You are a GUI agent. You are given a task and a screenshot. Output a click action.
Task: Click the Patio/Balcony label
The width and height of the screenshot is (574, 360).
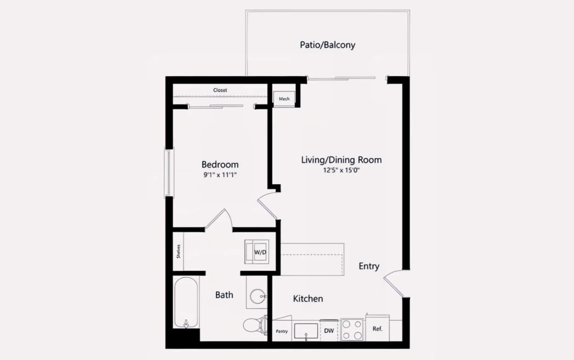coord(328,45)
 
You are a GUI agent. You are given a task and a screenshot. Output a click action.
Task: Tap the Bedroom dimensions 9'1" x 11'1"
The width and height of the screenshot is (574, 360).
coord(220,175)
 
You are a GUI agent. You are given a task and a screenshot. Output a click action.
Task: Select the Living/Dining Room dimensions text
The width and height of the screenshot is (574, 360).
coord(342,170)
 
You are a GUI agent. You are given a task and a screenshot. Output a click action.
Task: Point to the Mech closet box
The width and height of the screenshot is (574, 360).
coord(284,99)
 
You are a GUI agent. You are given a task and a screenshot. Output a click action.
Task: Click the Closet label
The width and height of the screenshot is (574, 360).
coord(220,90)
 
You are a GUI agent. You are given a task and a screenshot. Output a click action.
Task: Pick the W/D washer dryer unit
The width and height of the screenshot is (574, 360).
coord(257,252)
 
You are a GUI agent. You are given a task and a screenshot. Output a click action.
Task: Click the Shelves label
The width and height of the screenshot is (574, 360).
coord(178,251)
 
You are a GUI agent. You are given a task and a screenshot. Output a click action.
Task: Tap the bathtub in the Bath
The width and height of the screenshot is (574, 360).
coord(186,303)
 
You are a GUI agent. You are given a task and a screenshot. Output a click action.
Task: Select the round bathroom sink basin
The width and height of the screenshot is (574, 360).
coord(258,296)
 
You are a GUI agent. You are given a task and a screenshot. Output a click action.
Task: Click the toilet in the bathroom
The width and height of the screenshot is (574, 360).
coord(255,325)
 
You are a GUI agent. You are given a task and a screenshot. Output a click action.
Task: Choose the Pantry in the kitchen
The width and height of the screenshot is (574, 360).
coord(282,331)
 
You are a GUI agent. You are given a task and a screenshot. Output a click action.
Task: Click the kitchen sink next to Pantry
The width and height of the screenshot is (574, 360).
coord(306,331)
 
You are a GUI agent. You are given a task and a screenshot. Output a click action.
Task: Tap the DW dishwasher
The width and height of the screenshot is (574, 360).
coord(329,330)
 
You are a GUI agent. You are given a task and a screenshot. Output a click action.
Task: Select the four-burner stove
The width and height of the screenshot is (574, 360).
coord(352,330)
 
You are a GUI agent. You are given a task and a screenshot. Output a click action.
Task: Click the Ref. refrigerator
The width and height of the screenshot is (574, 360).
coord(377,328)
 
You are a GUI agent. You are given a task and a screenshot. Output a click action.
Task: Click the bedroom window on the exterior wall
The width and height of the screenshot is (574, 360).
coord(169,173)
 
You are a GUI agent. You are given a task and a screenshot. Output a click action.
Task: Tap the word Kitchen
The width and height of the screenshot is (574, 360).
coord(308,298)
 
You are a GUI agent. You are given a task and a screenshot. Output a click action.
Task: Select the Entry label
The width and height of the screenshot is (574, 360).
coord(369,267)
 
